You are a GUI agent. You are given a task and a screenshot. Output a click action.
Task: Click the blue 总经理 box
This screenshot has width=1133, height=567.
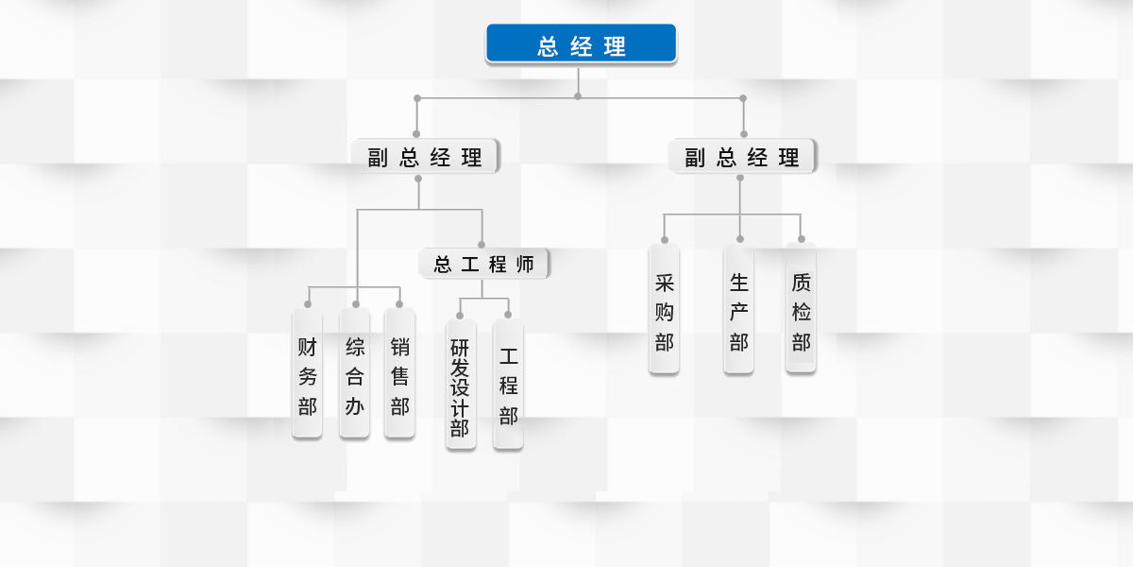point(581,44)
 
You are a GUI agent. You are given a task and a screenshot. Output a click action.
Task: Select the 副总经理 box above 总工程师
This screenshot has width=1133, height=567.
point(425,157)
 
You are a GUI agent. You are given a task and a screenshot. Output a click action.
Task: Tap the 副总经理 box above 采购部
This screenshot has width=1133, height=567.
point(743,157)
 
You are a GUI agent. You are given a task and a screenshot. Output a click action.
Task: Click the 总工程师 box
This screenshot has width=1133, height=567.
point(483,264)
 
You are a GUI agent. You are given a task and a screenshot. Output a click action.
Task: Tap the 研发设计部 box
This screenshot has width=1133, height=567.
point(460,386)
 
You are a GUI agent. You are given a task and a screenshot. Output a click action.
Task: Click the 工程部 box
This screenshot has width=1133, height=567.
point(508,386)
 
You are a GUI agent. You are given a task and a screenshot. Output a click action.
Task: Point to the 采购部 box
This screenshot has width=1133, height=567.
point(664,311)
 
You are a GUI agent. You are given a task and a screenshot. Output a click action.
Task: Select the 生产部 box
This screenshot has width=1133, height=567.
point(738,311)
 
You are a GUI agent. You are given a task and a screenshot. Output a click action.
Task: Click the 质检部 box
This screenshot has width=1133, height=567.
point(801,309)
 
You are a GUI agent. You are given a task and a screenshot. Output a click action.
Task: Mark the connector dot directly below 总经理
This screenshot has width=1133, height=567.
point(578,95)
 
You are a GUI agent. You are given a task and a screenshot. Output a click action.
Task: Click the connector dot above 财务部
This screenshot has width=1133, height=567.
point(308,304)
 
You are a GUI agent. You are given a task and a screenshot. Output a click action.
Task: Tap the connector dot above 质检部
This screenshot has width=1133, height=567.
point(802,239)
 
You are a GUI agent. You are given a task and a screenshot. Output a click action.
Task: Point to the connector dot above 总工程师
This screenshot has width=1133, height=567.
point(482,245)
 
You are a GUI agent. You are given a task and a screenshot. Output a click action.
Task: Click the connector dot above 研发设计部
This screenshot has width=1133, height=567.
point(460,315)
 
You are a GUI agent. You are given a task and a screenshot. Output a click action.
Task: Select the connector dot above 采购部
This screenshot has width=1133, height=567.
point(665,240)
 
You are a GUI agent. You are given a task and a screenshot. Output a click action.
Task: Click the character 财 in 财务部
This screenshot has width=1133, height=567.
point(307,346)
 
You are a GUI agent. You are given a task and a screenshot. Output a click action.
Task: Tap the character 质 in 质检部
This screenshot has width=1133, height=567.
point(801,282)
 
